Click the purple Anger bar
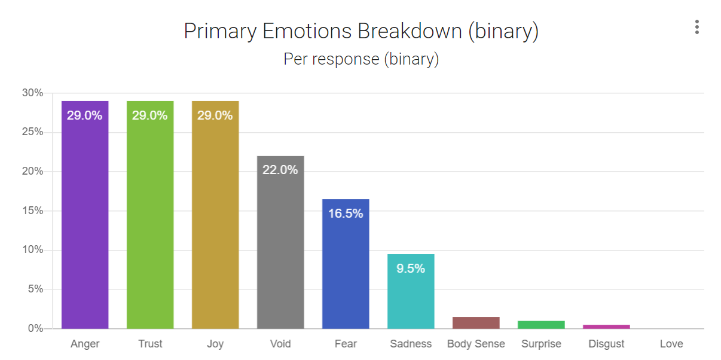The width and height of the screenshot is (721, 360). (85, 215)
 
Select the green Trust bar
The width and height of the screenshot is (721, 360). (150, 215)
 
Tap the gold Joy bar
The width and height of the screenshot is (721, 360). (215, 215)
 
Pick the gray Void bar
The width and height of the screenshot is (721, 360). (280, 245)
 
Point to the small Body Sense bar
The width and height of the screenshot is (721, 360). (476, 323)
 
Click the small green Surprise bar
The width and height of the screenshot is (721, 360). (541, 325)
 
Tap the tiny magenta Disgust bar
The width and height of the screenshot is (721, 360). (606, 327)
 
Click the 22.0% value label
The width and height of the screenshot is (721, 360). (280, 170)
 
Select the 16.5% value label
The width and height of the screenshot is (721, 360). (346, 213)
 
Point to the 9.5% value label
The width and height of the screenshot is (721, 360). (411, 269)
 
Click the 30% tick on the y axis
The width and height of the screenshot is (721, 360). (32, 93)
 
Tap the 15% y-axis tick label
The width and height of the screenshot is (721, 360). (32, 210)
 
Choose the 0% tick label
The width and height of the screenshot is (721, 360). (35, 328)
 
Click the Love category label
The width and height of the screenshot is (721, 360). (671, 344)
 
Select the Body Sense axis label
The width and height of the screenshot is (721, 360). (476, 344)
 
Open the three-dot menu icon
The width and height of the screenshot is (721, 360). (696, 27)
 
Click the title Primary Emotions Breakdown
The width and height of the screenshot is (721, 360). (360, 31)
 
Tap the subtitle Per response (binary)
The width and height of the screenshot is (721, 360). (360, 59)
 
